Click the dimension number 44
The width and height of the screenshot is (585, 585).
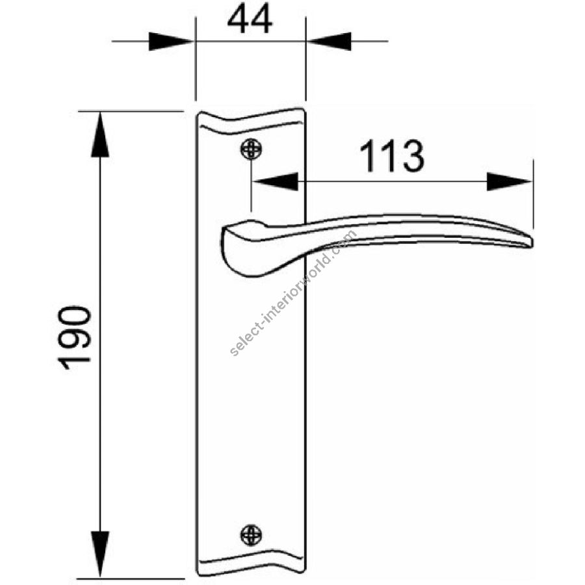pos(250,20)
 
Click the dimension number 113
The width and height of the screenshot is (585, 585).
pos(392,156)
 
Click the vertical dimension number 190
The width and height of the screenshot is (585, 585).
pos(74,337)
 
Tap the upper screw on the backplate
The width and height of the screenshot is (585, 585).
pos(251,149)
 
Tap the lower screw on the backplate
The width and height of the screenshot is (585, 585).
pos(251,535)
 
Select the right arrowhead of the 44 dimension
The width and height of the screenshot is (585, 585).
pos(329,42)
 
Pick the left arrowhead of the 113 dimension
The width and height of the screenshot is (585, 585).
pos(276,182)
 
